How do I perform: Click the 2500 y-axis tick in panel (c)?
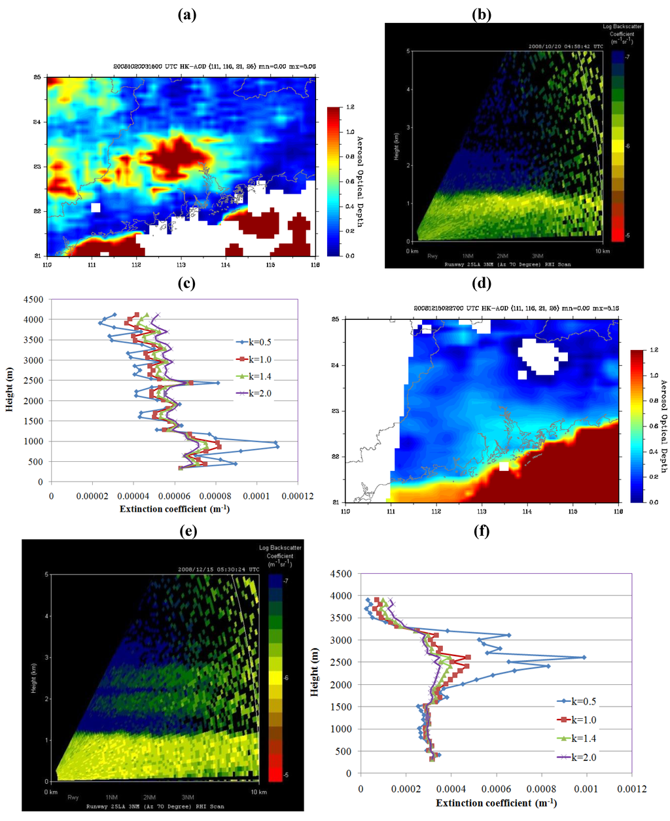(x=34, y=381)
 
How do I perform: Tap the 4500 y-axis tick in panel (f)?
(x=341, y=574)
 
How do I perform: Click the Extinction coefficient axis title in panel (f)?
(x=496, y=803)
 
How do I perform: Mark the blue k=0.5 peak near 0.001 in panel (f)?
(x=584, y=657)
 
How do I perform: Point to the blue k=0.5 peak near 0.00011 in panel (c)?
(x=277, y=446)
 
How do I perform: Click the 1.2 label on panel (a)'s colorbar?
(x=350, y=107)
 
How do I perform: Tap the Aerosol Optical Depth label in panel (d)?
(x=663, y=426)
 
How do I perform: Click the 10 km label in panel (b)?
(x=603, y=251)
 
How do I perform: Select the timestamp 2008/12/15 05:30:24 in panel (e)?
(x=219, y=569)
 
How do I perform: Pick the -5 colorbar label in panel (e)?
(x=287, y=775)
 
